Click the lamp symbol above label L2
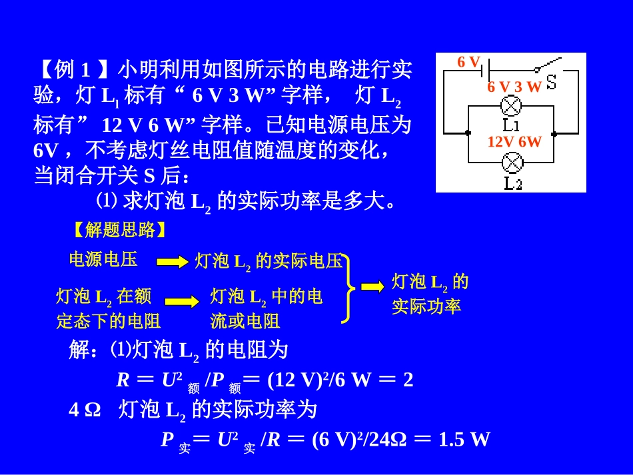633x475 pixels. click(x=511, y=162)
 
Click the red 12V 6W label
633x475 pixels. click(x=514, y=142)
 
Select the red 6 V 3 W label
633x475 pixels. click(x=514, y=87)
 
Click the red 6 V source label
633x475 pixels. click(x=468, y=62)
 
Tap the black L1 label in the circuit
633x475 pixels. click(x=511, y=125)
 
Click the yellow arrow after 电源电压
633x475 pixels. click(x=173, y=262)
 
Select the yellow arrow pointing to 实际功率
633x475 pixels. click(x=372, y=286)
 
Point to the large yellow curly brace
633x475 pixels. click(x=347, y=287)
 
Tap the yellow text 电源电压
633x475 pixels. click(x=103, y=259)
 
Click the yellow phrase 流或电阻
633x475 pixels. click(x=245, y=321)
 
